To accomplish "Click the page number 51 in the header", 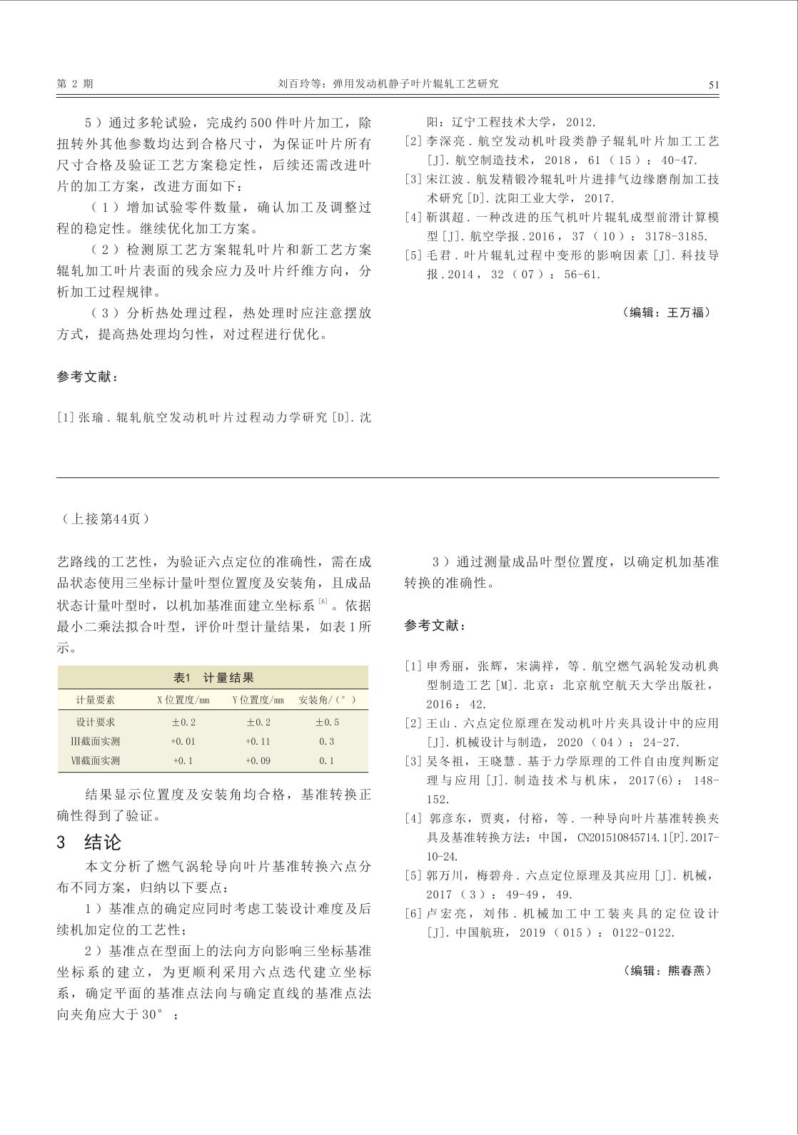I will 714,84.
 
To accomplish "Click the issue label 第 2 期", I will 75,83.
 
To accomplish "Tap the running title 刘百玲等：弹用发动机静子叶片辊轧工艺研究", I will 388,83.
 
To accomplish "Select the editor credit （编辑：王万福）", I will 666,312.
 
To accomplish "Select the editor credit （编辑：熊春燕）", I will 666,970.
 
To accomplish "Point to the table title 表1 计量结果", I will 213,678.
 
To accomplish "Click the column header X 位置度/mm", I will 183,700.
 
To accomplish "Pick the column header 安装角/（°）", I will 327,700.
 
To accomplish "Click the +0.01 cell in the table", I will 183,741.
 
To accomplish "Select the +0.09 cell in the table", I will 258,760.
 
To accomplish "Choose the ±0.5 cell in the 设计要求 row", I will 327,722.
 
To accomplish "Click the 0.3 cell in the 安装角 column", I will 327,741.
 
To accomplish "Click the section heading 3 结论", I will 89,842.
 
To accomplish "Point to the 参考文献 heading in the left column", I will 87,377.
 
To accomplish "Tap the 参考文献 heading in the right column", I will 435,626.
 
